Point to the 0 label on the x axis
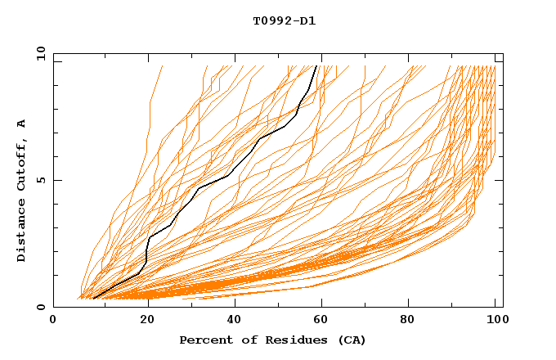coord(53,320)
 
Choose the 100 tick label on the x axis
coord(495,320)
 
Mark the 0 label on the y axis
coord(41,308)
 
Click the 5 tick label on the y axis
coord(41,180)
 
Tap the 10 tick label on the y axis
coord(38,53)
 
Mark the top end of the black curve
coord(316,65)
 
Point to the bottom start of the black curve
coord(93,299)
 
